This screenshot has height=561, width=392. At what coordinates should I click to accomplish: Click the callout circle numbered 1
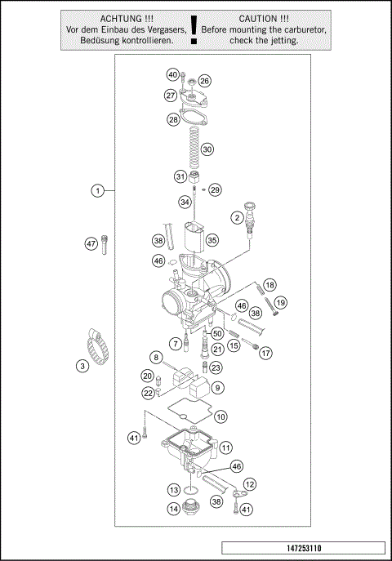[97, 191]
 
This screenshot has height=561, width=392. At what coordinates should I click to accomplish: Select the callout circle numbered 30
[207, 149]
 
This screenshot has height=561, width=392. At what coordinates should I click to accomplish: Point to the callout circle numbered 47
[91, 243]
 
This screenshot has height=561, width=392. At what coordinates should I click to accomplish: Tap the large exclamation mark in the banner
[194, 29]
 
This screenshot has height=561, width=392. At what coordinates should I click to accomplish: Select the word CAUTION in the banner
[264, 17]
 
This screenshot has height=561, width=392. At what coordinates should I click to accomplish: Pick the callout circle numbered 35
[212, 240]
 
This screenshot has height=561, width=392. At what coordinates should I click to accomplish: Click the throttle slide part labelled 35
[194, 237]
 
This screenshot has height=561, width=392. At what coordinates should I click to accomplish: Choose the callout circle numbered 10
[220, 416]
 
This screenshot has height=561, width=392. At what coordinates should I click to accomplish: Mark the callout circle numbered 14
[174, 508]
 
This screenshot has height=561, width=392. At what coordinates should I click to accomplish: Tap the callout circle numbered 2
[237, 217]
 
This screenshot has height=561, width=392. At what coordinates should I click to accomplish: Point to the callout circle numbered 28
[173, 119]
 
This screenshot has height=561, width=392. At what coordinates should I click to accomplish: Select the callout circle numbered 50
[217, 334]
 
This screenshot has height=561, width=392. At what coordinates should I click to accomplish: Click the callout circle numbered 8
[155, 357]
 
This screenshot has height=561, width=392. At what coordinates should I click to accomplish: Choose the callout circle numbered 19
[281, 303]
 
